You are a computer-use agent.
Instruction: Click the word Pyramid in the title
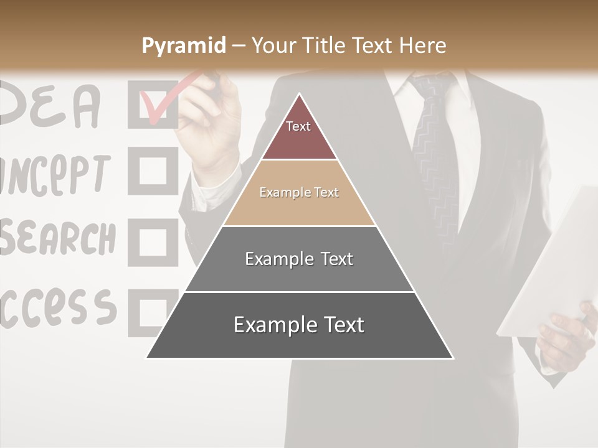point(183,46)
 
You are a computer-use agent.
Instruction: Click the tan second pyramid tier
point(299,193)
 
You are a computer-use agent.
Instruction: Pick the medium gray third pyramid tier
point(299,259)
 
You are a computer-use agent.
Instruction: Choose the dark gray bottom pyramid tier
point(299,325)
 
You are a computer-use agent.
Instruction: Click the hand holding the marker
point(209,124)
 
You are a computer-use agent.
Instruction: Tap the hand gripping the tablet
point(564,336)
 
